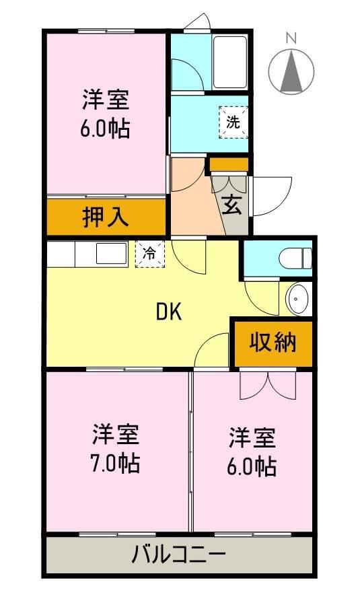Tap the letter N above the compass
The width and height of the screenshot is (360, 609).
tap(291, 38)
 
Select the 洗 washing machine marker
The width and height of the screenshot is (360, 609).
tap(232, 122)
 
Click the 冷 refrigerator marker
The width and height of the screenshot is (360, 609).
tap(150, 254)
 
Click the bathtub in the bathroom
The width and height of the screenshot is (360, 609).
tap(230, 62)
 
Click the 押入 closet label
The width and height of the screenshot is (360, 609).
tap(106, 217)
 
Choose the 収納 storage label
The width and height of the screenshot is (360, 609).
tap(273, 343)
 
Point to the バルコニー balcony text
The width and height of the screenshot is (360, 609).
tap(178, 556)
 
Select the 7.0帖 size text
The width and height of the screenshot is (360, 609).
tap(116, 464)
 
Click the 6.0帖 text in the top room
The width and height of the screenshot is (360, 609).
tap(106, 128)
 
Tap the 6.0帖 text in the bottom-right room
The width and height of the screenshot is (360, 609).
tap(252, 466)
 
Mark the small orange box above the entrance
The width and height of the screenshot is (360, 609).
tap(228, 164)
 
